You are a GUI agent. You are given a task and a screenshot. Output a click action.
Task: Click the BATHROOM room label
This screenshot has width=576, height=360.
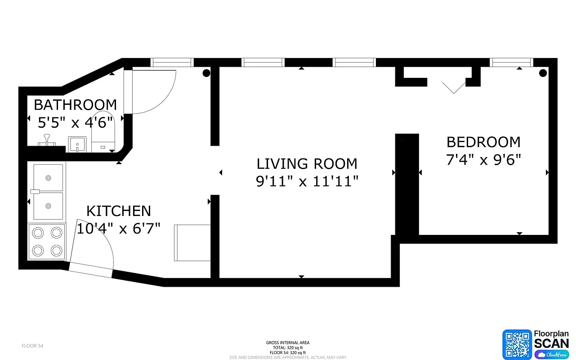click(75, 104)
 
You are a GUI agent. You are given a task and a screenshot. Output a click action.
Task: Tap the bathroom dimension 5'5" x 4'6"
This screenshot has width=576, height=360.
click(75, 122)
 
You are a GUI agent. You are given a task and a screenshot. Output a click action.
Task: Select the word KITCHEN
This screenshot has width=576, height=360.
click(118, 211)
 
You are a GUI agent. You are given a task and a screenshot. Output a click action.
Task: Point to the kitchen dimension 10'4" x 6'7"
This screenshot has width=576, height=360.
click(118, 229)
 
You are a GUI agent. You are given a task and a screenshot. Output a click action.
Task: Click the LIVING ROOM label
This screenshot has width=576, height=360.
click(307, 163)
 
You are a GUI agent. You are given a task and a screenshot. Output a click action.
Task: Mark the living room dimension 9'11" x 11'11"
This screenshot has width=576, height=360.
click(307, 181)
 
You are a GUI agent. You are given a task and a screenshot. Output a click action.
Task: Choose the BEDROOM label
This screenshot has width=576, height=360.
click(483, 142)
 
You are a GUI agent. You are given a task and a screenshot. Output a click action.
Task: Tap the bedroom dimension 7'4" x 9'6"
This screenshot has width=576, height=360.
click(483, 160)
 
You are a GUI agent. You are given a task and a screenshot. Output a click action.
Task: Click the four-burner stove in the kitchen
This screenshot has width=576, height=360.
click(47, 241)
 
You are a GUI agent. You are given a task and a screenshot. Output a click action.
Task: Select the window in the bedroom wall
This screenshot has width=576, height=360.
click(511, 63)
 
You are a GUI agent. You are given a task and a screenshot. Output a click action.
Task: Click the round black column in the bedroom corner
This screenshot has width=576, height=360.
click(543, 73)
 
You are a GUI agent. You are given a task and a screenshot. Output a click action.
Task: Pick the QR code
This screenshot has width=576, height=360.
click(517, 344)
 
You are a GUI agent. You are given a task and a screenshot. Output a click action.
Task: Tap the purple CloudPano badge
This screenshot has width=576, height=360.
click(551, 355)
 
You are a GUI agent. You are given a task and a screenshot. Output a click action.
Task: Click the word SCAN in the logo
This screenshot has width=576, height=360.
click(551, 343)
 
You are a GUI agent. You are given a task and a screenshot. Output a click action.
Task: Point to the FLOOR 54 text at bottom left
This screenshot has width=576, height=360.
click(32, 346)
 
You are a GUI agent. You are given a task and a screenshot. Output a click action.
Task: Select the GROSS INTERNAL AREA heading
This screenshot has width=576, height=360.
click(288, 343)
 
